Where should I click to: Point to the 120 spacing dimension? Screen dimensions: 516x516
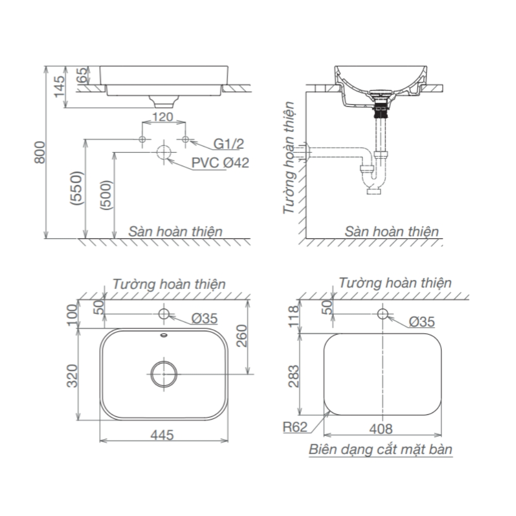pos(163,117)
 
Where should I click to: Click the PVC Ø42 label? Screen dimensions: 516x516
pos(220,163)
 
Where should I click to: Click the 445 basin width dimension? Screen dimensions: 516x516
pos(163,434)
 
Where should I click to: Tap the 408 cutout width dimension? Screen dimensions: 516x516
pos(382,428)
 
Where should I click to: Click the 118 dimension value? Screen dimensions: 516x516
pos(294,316)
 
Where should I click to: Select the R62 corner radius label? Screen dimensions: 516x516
pos(295,427)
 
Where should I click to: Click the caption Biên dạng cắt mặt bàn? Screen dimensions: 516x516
pos(381,449)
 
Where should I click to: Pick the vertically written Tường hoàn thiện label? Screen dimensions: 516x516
pos(289,157)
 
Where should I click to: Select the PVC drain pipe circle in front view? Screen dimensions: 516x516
pos(164,152)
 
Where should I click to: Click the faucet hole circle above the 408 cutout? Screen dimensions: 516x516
pos(382,313)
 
